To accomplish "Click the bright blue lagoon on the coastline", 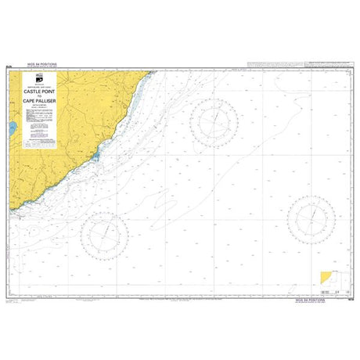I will pos(95,156).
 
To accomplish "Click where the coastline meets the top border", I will pos(150,70).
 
